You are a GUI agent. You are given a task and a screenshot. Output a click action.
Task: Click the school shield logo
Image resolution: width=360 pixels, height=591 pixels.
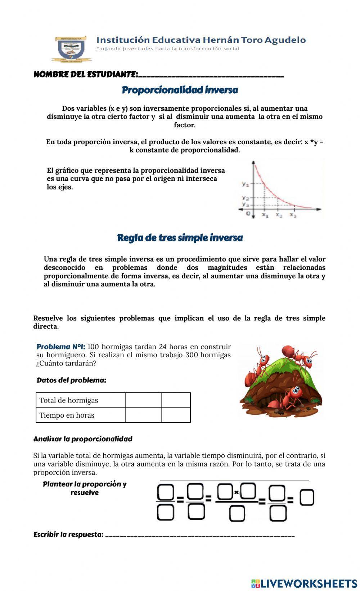[71, 49]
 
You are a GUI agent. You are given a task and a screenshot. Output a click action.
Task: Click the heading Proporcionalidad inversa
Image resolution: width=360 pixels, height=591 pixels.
[180, 90]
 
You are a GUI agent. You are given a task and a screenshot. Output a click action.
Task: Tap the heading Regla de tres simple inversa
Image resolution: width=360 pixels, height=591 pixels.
[180, 238]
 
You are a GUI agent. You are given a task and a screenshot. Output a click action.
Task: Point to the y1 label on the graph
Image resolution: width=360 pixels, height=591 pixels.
[245, 184]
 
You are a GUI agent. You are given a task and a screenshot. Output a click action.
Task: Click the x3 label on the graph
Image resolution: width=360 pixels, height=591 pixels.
[293, 215]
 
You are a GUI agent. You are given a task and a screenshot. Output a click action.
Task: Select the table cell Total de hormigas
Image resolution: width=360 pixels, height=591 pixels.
[81, 400]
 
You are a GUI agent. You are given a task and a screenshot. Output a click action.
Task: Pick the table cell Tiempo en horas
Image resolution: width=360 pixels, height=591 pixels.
[81, 415]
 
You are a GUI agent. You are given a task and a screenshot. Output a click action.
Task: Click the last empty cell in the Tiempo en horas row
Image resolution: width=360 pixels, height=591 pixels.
[176, 415]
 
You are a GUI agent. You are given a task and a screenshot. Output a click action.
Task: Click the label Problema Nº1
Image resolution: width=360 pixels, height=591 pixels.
[60, 347]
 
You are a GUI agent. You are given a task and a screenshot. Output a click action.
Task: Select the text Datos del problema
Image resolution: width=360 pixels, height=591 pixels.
[71, 380]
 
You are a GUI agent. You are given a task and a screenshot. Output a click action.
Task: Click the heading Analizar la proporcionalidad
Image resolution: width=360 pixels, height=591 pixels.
[83, 439]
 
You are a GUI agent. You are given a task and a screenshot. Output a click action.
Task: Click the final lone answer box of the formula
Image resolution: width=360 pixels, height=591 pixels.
[307, 498]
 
